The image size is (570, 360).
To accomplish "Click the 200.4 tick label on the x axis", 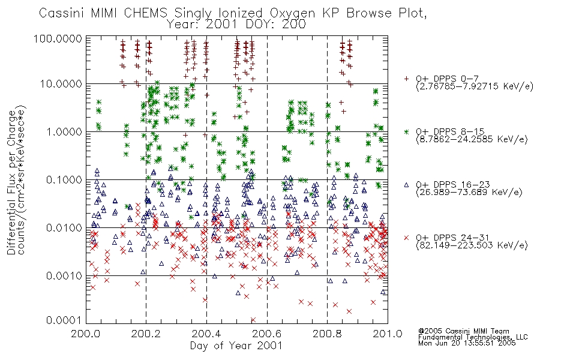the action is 206,333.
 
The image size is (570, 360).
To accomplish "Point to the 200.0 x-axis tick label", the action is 86,333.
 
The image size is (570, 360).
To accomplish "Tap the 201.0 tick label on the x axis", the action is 388,333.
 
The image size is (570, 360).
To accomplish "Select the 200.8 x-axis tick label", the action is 327,333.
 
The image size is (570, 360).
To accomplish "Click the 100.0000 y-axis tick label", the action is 58,38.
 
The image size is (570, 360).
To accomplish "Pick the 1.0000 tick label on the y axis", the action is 64,131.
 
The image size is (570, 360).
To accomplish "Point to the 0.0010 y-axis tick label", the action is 64,275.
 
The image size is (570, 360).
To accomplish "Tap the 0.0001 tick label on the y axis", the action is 64,320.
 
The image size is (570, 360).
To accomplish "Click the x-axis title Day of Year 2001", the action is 236,346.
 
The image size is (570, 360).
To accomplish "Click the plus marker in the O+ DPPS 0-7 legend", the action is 407,79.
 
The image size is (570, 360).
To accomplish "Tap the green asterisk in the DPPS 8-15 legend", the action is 407,131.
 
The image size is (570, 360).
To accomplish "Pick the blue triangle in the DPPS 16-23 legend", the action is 407,185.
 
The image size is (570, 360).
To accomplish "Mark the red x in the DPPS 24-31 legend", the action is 407,238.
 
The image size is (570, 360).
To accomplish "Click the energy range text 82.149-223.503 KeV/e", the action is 472,245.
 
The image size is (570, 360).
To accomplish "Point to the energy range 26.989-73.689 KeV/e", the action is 469,193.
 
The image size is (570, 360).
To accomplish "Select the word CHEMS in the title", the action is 145,13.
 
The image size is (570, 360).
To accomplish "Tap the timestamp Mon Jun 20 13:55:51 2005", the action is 467,343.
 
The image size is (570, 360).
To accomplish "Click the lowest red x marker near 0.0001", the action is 253,320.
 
